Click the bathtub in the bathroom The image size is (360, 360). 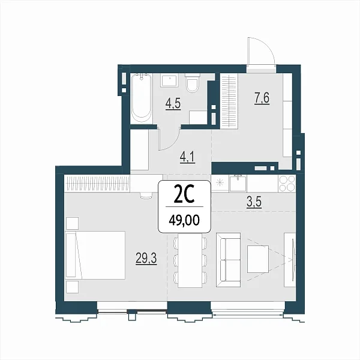click(x=142, y=98)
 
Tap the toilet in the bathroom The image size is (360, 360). click(x=193, y=83)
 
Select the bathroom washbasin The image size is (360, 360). click(x=170, y=80)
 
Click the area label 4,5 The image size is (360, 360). click(x=173, y=104)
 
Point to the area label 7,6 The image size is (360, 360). click(x=262, y=98)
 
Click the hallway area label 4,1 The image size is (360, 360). click(x=187, y=157)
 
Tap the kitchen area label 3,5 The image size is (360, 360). click(x=254, y=203)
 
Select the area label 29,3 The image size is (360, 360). click(x=146, y=259)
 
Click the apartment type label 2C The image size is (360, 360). click(x=184, y=195)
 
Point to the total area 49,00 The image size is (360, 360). click(x=184, y=221)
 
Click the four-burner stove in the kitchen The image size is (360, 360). click(x=287, y=184)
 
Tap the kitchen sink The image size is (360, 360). click(x=238, y=183)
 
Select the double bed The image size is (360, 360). click(x=95, y=256)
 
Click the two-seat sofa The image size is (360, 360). click(x=228, y=260)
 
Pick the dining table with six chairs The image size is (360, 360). click(x=190, y=260)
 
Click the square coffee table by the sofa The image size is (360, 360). click(x=258, y=259)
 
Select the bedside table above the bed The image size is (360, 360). click(x=72, y=223)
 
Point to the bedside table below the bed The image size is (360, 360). click(x=72, y=287)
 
